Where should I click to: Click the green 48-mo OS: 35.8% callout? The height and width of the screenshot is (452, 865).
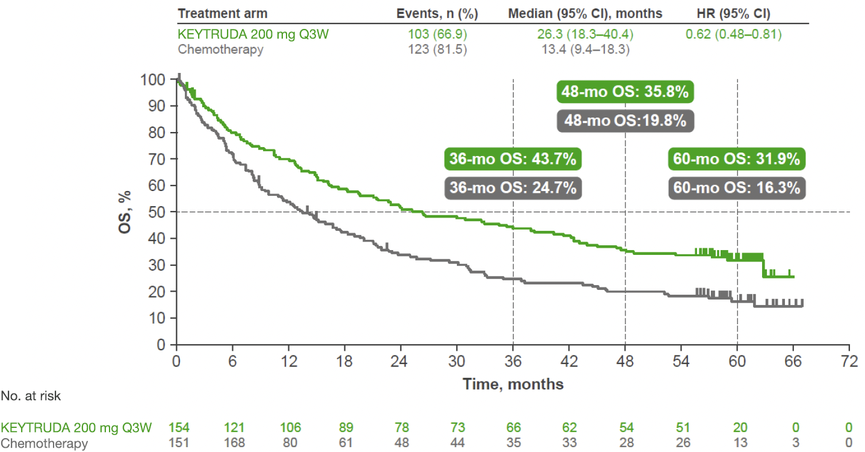coord(625,93)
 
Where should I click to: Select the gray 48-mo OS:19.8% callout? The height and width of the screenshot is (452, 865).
coord(625,121)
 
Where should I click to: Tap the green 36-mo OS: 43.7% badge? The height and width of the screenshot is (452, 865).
coord(513,160)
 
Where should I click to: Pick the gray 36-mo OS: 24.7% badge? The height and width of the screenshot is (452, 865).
coord(513,187)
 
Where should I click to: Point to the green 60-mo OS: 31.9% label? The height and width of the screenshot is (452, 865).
coord(737,160)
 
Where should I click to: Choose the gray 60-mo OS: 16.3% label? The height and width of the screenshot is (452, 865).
coord(737,187)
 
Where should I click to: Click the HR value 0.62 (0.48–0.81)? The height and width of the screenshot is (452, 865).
coord(734,34)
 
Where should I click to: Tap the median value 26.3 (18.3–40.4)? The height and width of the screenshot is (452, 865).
coord(585,34)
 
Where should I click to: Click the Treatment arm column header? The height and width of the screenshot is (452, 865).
coord(223,13)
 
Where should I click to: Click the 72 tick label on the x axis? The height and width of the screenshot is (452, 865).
coord(849,362)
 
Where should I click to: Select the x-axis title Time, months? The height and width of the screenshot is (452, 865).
coord(513,384)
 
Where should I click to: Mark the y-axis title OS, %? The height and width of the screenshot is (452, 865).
coord(125,212)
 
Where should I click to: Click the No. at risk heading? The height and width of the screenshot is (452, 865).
coord(31,396)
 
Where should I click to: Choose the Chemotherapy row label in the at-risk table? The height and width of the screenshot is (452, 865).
coord(44,444)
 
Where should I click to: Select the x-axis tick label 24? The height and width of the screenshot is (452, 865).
coord(401,362)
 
